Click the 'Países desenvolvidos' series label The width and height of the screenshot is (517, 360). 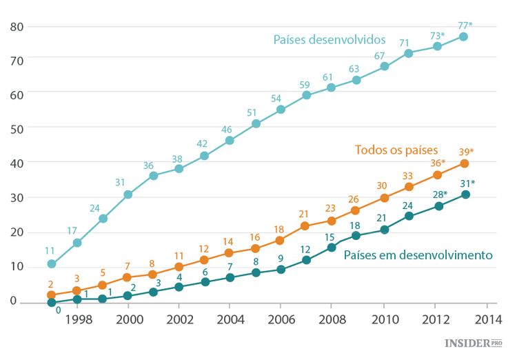point(329,39)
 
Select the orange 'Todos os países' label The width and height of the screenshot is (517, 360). point(396,150)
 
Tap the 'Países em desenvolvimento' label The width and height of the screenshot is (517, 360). point(418,255)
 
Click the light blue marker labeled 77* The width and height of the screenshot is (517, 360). point(464,37)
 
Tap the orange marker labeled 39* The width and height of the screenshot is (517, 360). point(465,163)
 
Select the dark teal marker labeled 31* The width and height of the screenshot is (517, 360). point(465,194)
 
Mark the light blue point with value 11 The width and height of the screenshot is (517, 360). point(51,264)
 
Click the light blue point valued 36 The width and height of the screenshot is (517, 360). point(153,176)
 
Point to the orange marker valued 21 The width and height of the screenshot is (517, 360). point(305,226)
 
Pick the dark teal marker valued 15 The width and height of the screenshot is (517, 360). point(331,247)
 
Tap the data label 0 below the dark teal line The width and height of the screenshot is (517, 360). point(58,310)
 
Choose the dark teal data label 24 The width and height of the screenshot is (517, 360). point(407,206)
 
